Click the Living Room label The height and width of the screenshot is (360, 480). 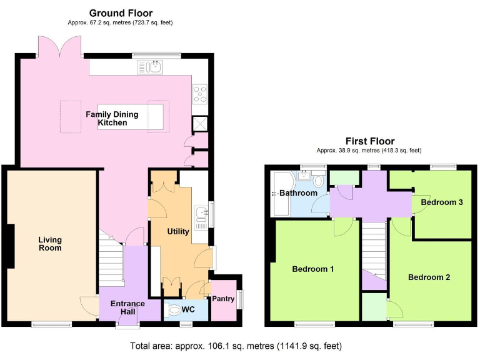coord(50,243)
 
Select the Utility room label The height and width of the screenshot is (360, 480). coord(178,231)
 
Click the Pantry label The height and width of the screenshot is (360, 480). coord(223,299)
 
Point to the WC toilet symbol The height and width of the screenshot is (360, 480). coord(176,309)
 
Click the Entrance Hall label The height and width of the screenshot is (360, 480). coord(127,307)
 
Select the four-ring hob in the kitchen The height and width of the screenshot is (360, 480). coord(200,94)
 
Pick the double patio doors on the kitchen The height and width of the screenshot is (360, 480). coord(60,47)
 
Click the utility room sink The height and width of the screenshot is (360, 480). coord(201,214)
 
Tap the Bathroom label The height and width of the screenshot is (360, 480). coord(298,193)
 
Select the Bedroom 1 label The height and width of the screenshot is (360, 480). coord(313,269)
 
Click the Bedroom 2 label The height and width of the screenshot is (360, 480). coord(429,277)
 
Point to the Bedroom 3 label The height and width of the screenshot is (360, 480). coord(442,202)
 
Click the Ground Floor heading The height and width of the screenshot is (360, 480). coord(121,12)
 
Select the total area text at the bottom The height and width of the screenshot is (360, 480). coord(236,346)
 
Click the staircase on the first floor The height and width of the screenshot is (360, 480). coord(374,250)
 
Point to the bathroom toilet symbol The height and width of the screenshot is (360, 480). coord(319,182)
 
